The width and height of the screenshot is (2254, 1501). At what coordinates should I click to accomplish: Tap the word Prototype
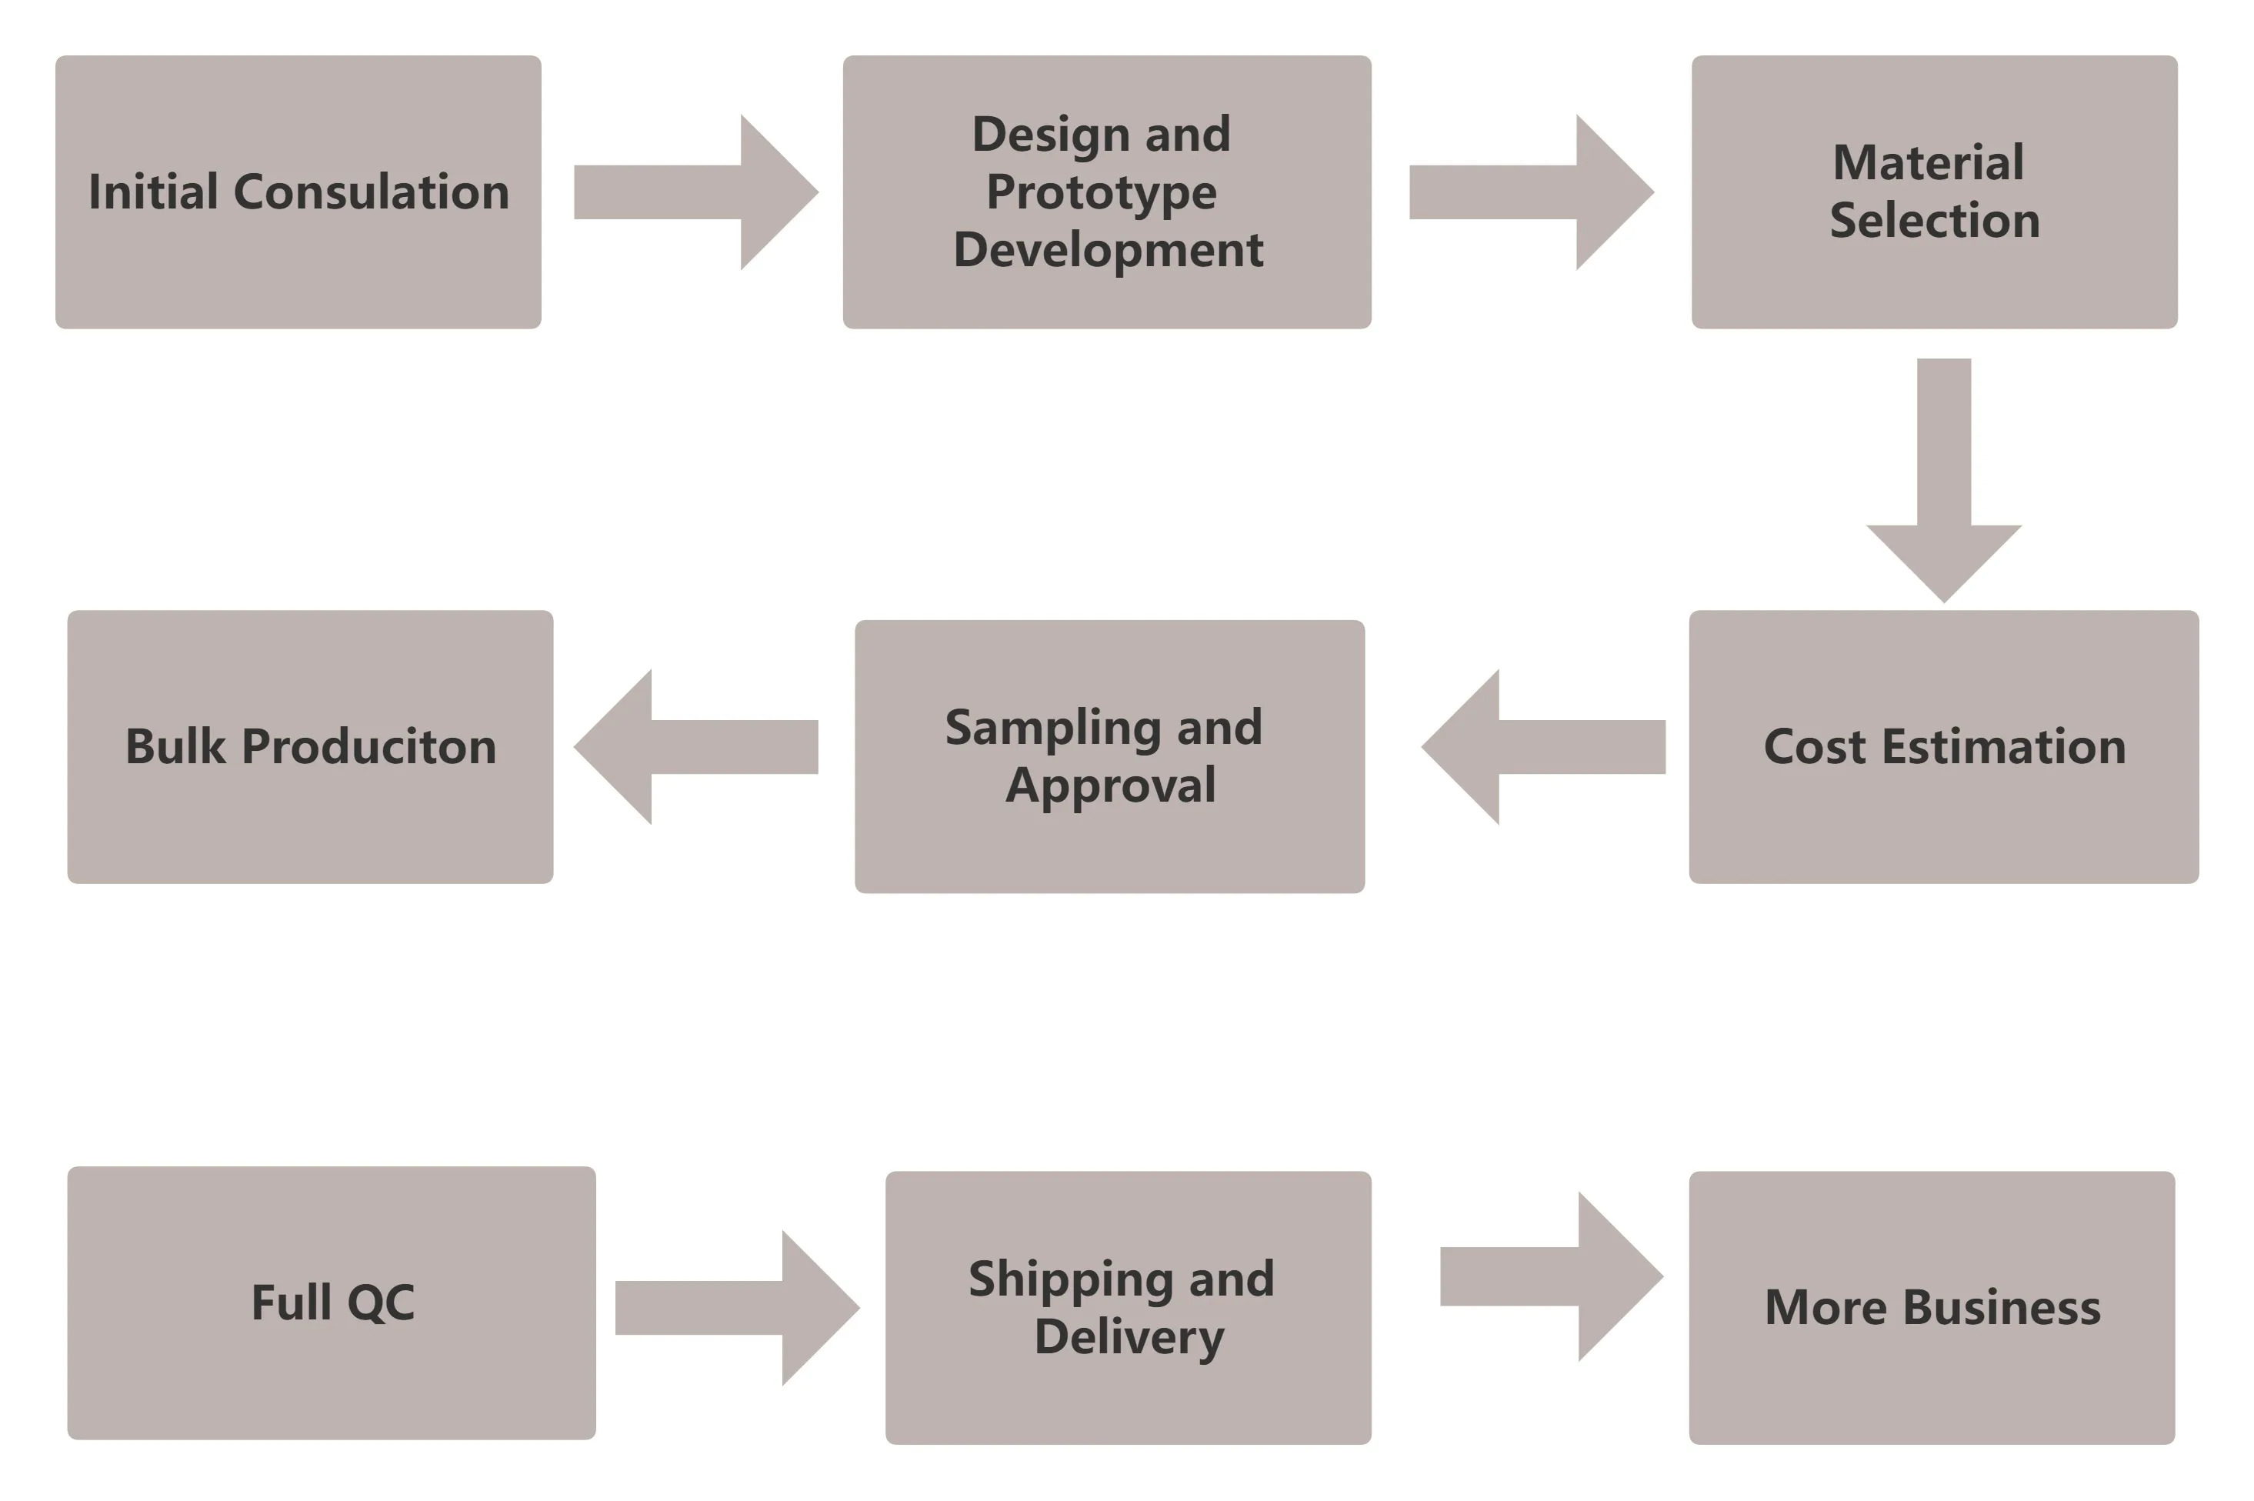(x=1101, y=193)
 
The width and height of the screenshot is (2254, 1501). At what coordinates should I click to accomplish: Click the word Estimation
(x=2003, y=747)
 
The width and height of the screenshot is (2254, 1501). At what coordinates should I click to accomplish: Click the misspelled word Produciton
(x=368, y=747)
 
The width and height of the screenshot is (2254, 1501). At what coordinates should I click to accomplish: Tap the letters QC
(x=380, y=1303)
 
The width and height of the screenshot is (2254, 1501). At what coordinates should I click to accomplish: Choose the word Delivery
(x=1129, y=1337)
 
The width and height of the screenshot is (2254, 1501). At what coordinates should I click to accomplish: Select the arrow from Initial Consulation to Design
(x=696, y=192)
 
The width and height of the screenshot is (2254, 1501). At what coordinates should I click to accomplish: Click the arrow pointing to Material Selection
(x=1532, y=192)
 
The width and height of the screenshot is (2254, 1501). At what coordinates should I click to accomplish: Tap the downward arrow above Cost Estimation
(x=1944, y=479)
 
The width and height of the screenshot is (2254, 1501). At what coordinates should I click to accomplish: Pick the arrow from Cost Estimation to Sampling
(x=1543, y=747)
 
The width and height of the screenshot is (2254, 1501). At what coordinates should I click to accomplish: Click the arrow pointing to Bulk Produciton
(x=696, y=747)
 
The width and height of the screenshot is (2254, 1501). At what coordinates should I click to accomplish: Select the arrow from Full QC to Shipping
(x=737, y=1308)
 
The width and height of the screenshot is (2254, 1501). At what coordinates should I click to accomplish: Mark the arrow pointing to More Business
(x=1551, y=1276)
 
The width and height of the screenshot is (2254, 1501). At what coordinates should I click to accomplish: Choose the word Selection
(x=1934, y=220)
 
